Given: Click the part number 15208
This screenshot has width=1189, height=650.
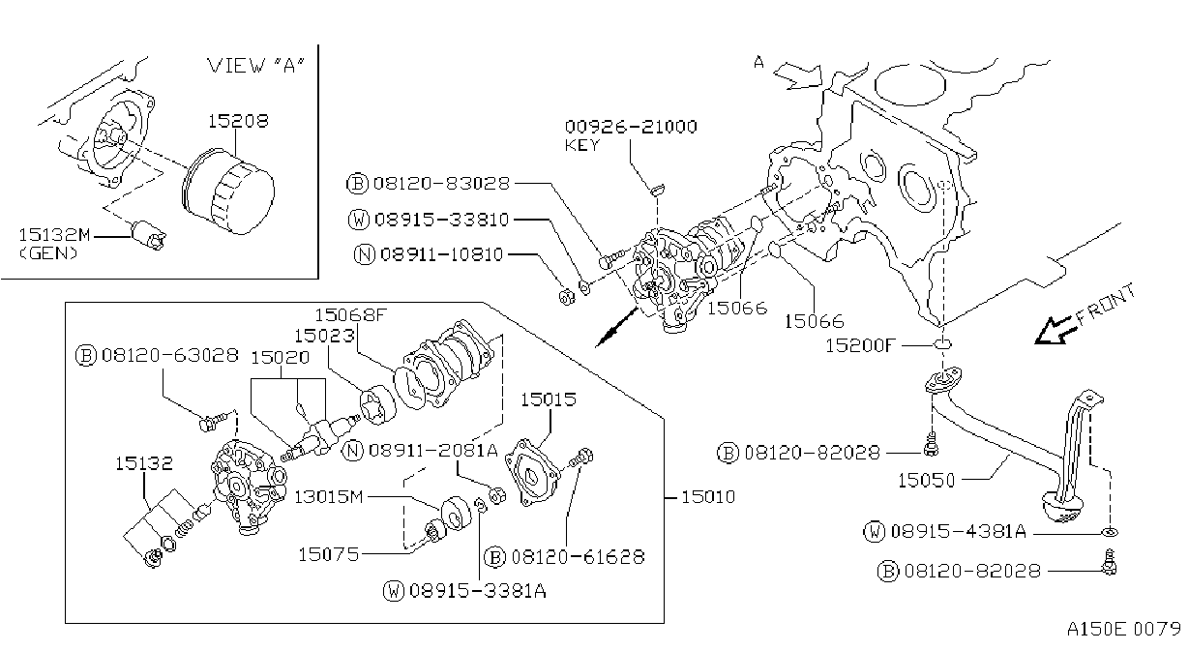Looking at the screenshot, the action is [x=238, y=121].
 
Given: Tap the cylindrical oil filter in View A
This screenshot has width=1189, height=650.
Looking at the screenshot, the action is [x=227, y=191].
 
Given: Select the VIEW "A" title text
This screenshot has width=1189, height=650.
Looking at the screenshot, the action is [x=255, y=65].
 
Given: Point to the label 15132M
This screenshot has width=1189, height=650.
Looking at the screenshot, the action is [x=54, y=234].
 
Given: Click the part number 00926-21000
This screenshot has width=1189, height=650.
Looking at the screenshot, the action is [x=631, y=127].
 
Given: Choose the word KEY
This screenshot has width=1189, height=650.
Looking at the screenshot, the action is [x=581, y=145].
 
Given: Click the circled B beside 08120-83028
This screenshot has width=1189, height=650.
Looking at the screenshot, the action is [x=357, y=184].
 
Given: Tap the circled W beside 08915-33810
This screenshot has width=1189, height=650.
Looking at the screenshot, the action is [x=359, y=220].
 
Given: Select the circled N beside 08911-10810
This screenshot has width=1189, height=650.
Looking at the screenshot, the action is [x=365, y=254].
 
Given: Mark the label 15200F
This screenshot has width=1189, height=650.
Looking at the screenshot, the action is [x=860, y=346].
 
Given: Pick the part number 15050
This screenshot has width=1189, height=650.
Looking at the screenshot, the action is [x=926, y=480].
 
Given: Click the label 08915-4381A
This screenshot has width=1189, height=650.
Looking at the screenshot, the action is [x=959, y=531].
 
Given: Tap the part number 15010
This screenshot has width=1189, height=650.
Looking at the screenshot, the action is [x=708, y=497].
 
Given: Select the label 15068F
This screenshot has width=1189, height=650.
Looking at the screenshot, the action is [x=351, y=315].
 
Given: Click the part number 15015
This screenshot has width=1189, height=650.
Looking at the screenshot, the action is [x=548, y=399].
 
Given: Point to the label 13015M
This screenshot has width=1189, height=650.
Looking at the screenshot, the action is [x=329, y=496].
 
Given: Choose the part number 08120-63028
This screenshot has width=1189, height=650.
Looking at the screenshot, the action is [x=170, y=355].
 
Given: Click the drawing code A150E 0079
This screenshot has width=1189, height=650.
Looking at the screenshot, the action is [x=1124, y=629].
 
